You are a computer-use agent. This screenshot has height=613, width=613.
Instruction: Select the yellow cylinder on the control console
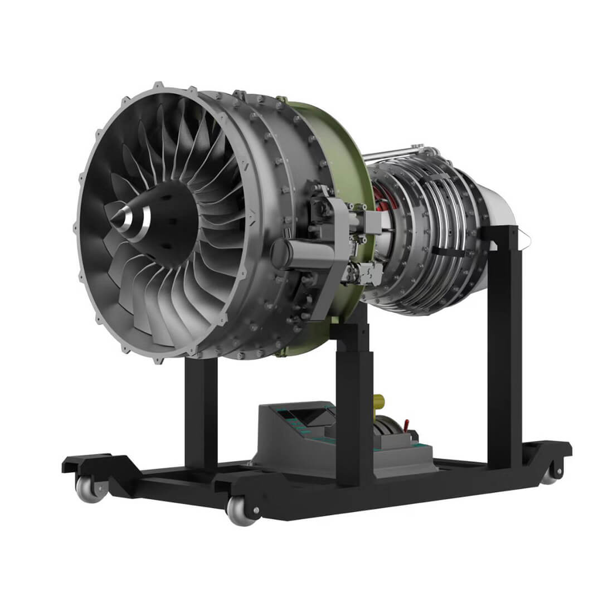(x=380, y=401)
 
